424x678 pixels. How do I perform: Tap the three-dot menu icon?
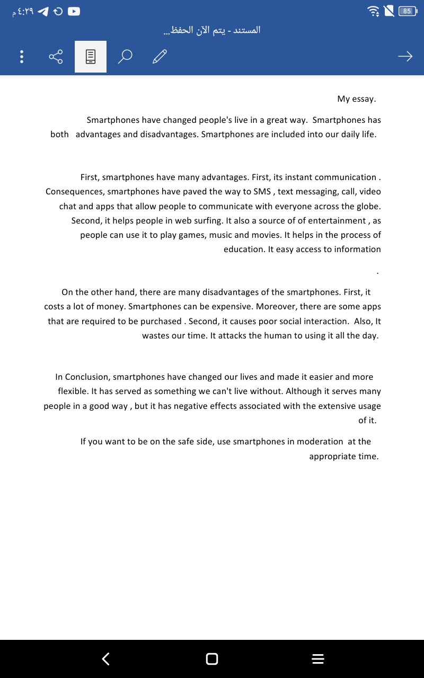coord(21,57)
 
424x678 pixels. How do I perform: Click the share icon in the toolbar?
coord(56,57)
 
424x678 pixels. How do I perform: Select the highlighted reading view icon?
coord(91,57)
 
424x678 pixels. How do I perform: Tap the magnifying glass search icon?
coord(125,56)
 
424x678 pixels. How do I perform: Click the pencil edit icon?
coord(160,56)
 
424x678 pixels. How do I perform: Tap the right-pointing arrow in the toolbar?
coord(405,56)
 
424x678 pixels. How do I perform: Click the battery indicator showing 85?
coord(407,11)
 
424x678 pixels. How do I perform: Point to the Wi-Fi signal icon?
coord(374,11)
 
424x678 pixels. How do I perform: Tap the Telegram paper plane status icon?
coord(43,11)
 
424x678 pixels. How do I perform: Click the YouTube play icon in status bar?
coord(74,11)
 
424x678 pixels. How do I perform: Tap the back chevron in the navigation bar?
coord(106,658)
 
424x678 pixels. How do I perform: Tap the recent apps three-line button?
coord(317,658)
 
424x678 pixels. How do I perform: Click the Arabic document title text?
coord(212,30)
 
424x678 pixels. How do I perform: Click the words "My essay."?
coord(356,99)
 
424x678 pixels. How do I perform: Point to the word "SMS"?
coord(262,192)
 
